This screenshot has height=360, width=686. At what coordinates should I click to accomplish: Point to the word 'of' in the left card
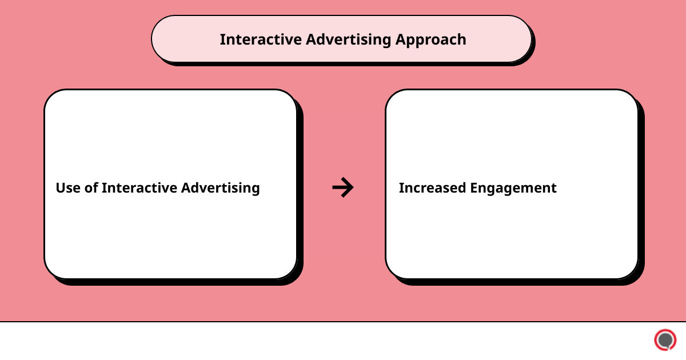(x=91, y=188)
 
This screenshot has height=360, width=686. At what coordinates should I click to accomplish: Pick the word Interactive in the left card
(x=139, y=188)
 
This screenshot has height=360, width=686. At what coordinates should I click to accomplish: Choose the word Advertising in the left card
(x=221, y=189)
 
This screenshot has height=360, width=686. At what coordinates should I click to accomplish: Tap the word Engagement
(x=517, y=189)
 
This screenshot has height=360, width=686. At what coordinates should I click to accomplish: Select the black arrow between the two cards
(x=343, y=187)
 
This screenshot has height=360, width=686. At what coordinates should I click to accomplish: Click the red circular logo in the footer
(x=665, y=340)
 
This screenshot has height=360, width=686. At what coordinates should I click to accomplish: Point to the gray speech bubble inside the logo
(x=665, y=340)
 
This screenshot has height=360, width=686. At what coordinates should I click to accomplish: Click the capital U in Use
(x=60, y=188)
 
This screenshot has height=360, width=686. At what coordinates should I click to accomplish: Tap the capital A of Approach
(x=401, y=39)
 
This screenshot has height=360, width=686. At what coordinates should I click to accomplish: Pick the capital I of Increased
(x=401, y=188)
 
